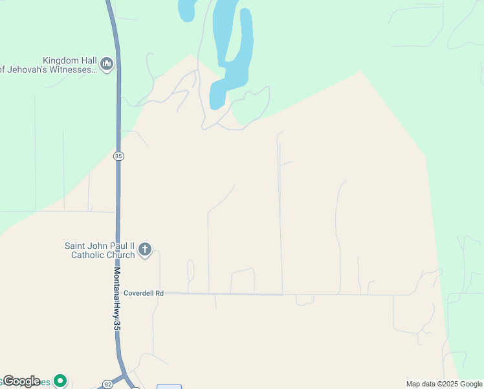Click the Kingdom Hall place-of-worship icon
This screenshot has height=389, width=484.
pyautogui.click(x=107, y=64)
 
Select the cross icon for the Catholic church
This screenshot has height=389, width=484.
pyautogui.click(x=145, y=250)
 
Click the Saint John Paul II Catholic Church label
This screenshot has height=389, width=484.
pyautogui.click(x=100, y=250)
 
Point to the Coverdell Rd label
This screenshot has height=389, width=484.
pyautogui.click(x=144, y=293)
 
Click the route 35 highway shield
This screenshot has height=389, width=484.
pyautogui.click(x=118, y=156)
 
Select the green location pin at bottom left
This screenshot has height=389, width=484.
pyautogui.click(x=60, y=381)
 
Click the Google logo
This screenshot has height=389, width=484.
pyautogui.click(x=21, y=381)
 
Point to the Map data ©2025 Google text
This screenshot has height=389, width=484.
pyautogui.click(x=444, y=384)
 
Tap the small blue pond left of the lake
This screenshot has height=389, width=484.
pyautogui.click(x=187, y=10)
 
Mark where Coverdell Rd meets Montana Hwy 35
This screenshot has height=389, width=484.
pyautogui.click(x=118, y=293)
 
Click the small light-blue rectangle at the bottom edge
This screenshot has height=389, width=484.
pyautogui.click(x=169, y=386)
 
